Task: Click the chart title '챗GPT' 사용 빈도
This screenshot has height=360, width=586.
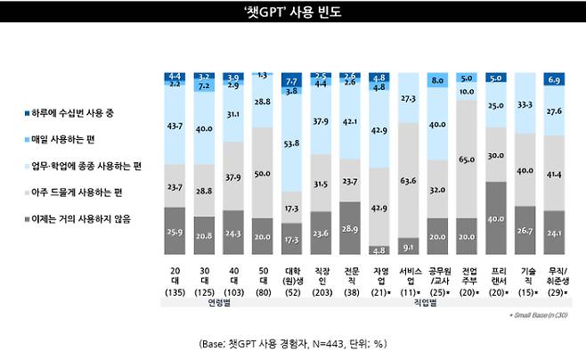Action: pyautogui.click(x=293, y=12)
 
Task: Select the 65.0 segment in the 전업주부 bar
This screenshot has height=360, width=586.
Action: pyautogui.click(x=467, y=159)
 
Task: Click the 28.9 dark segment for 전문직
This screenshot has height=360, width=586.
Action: pyautogui.click(x=351, y=228)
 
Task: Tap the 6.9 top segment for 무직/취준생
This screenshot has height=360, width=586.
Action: pyautogui.click(x=553, y=80)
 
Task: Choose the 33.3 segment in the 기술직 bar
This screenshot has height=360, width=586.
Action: pyautogui.click(x=525, y=103)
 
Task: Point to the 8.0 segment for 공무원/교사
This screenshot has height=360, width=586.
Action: pyautogui.click(x=437, y=80)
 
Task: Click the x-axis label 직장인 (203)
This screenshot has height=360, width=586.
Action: pyautogui.click(x=321, y=277)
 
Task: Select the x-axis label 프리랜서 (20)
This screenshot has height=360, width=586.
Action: pyautogui.click(x=495, y=277)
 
